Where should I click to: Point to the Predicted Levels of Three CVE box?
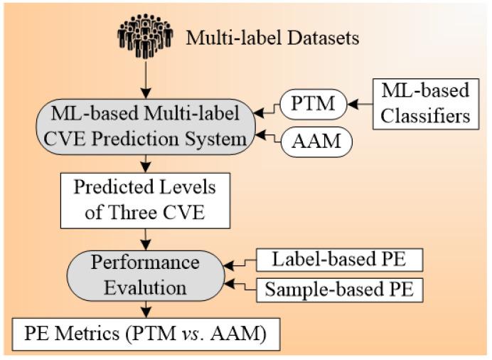coord(145,200)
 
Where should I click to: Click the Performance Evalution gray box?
coord(145,275)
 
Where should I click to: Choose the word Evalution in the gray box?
coord(145,287)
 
